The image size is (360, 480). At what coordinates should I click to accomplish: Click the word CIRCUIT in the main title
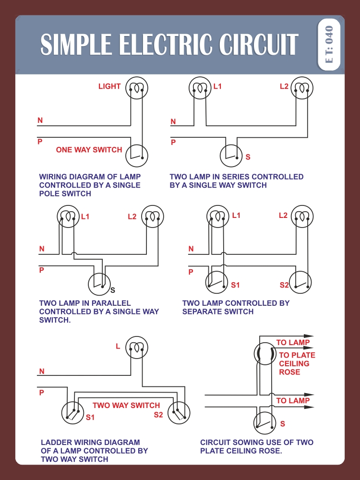click(259, 45)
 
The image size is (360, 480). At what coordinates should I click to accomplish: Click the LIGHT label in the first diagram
click(109, 86)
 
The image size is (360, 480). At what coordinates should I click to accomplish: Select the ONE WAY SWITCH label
click(89, 150)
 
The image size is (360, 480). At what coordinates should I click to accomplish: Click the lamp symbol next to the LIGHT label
click(137, 88)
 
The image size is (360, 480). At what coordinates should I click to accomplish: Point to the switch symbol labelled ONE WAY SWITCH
click(137, 156)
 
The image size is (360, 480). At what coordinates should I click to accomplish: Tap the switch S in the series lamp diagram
click(231, 155)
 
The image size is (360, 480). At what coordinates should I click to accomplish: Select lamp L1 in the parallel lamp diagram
click(68, 216)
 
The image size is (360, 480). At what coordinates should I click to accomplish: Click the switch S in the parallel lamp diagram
click(99, 284)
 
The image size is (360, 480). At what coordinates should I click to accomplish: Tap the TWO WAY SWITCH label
click(126, 406)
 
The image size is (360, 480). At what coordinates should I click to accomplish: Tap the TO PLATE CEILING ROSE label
click(297, 363)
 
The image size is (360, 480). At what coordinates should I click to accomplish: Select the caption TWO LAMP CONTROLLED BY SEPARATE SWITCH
click(236, 307)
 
